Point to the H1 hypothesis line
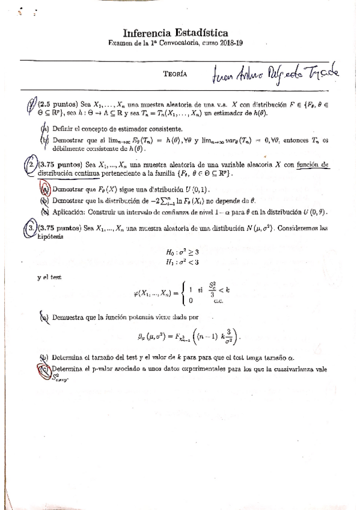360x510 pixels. coord(180,262)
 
